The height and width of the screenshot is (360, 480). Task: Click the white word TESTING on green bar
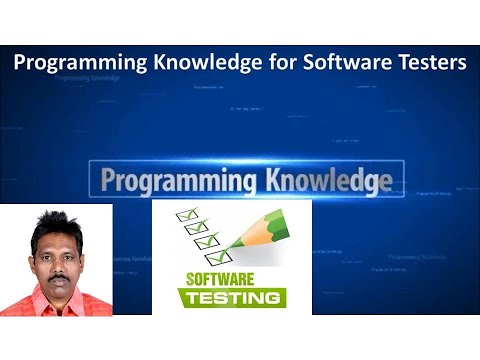(232, 297)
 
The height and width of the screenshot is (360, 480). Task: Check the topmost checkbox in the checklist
(185, 213)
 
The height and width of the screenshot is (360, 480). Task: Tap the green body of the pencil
(262, 226)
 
